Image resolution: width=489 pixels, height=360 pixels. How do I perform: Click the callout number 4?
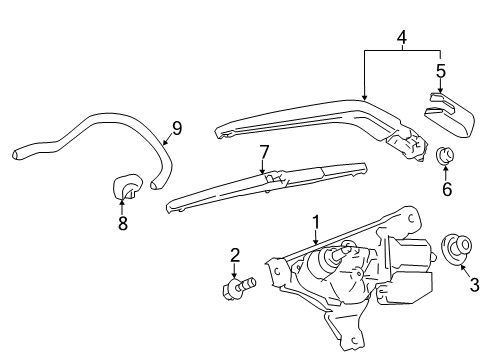pos(402,37)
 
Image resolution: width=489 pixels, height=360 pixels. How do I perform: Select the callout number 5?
pos(441,71)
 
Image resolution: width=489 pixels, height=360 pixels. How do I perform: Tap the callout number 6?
pos(447,189)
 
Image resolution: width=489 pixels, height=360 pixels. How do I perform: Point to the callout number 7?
pos(264,152)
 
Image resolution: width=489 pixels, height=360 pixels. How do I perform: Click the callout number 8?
pos(123,223)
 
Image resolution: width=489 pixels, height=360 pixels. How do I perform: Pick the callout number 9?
pos(177,129)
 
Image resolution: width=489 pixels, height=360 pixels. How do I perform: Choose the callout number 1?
pos(316,222)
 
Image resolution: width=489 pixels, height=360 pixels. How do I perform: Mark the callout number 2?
pos(235,255)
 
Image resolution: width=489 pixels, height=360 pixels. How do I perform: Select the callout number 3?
pos(474,285)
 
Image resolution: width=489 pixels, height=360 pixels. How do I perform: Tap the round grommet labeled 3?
pos(457,249)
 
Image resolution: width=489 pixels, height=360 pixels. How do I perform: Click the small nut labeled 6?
pos(445,155)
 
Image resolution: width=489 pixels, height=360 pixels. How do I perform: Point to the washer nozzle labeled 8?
pos(128,186)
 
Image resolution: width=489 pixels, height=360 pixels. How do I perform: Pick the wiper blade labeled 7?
pos(267,187)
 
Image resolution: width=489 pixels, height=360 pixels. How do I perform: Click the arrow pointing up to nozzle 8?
pos(122,205)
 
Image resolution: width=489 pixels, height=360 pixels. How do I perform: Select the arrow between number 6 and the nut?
pos(446,172)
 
